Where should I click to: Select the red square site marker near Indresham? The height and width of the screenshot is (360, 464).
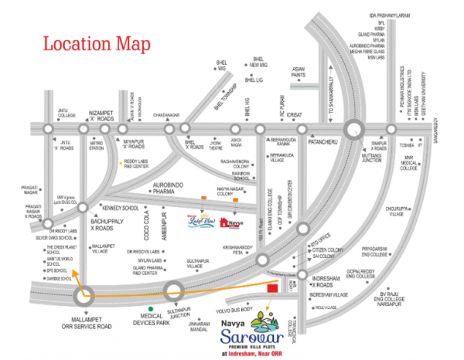pos(272,288)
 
